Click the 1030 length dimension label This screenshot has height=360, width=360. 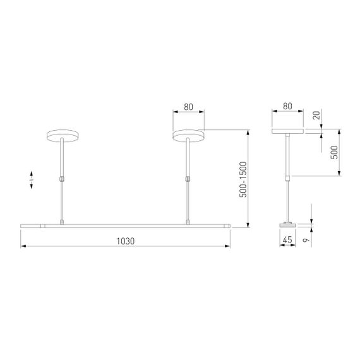(126, 241)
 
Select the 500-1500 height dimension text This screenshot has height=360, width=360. (243, 179)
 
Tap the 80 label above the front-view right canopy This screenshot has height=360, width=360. (188, 107)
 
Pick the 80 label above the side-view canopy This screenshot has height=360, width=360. (287, 107)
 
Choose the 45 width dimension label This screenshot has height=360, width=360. (287, 240)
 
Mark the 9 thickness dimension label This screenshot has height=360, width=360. (315, 240)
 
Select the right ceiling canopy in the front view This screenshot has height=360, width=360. (188, 135)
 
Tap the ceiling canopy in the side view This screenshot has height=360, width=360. (287, 132)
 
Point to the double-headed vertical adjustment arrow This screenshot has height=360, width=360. (32, 179)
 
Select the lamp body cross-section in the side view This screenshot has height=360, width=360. (287, 224)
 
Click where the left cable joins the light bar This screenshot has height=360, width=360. (62, 222)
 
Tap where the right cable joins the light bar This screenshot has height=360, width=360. (188, 222)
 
